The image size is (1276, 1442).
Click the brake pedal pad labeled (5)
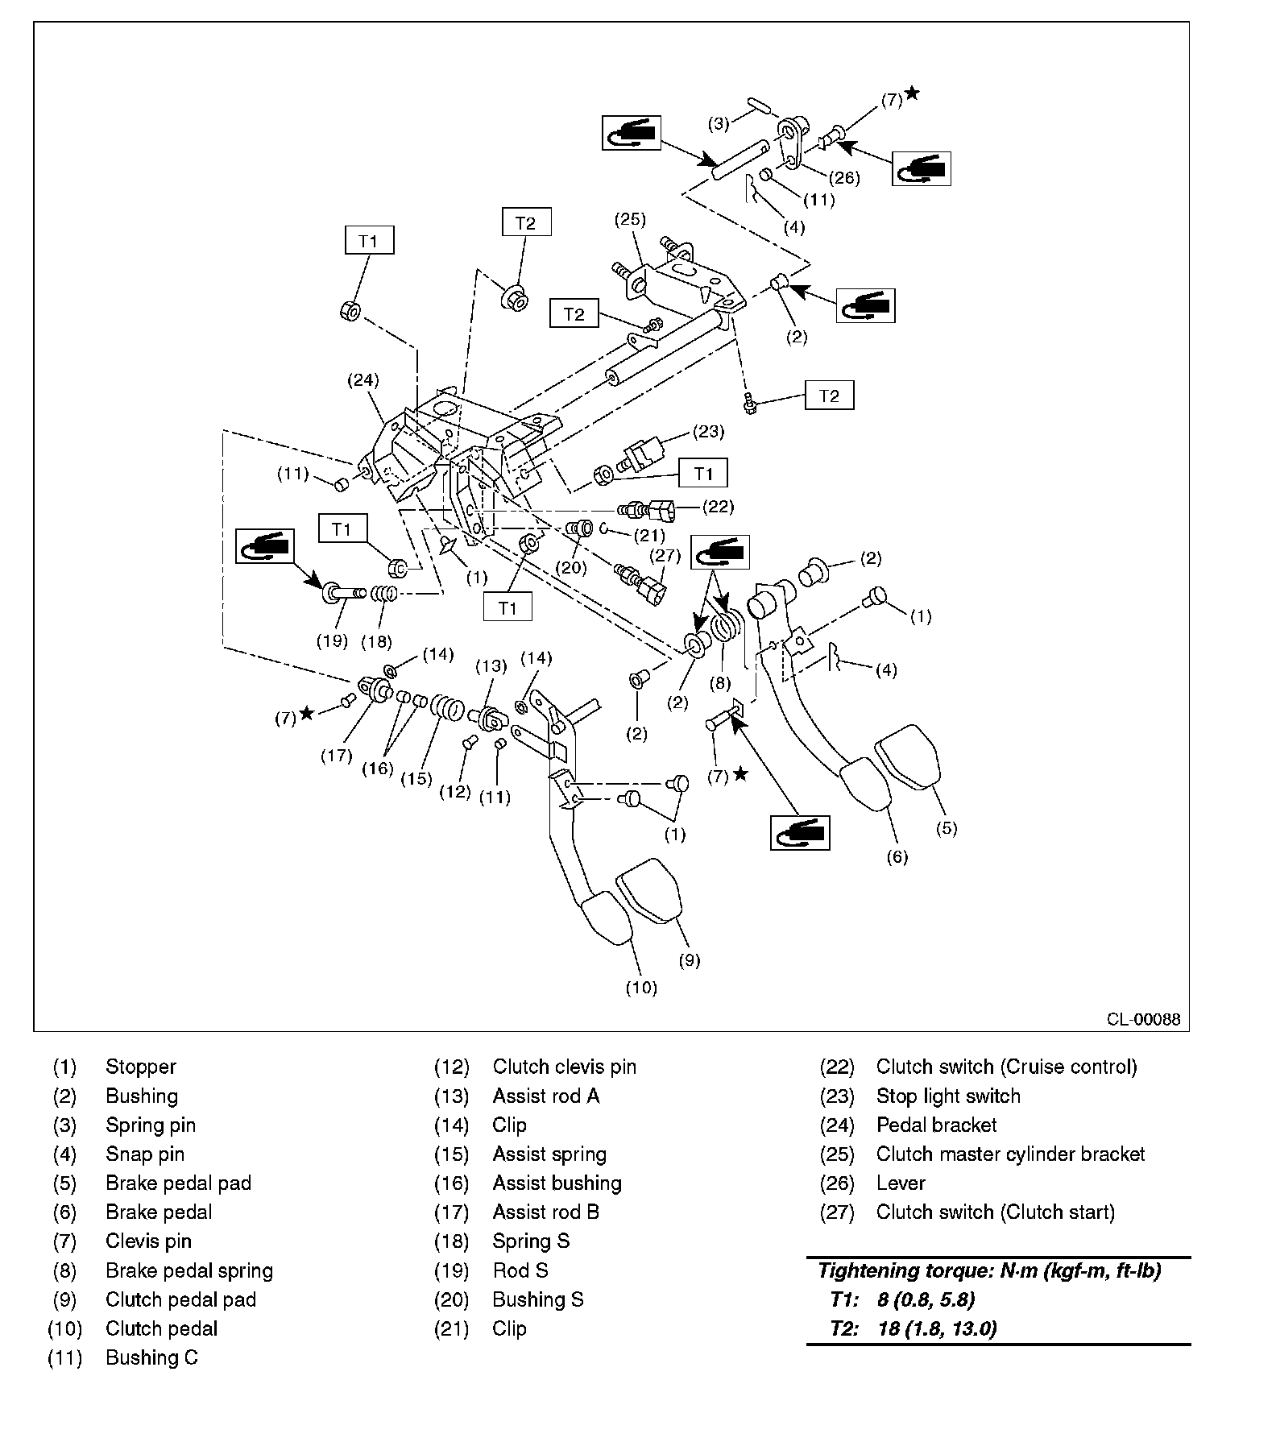click(908, 756)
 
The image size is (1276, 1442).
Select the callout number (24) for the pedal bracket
click(363, 379)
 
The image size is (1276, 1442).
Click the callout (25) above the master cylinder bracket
click(631, 218)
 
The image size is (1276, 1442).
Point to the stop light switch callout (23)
click(708, 432)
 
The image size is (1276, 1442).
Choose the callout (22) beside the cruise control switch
click(719, 507)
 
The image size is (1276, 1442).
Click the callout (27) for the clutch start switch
click(665, 555)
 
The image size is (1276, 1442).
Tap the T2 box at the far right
click(829, 396)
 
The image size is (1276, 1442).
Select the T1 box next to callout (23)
click(703, 473)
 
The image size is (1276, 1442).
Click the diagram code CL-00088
click(1143, 1019)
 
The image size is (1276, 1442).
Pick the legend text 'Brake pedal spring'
click(189, 1270)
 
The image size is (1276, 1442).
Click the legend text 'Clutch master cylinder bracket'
click(1010, 1154)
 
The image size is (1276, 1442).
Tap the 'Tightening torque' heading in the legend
click(990, 1270)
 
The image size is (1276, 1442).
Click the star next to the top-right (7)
click(912, 93)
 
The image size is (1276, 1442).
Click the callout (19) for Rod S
click(332, 640)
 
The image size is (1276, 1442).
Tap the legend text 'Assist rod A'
click(546, 1096)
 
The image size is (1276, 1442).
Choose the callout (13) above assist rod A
click(491, 665)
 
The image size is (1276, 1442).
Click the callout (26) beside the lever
click(844, 177)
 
